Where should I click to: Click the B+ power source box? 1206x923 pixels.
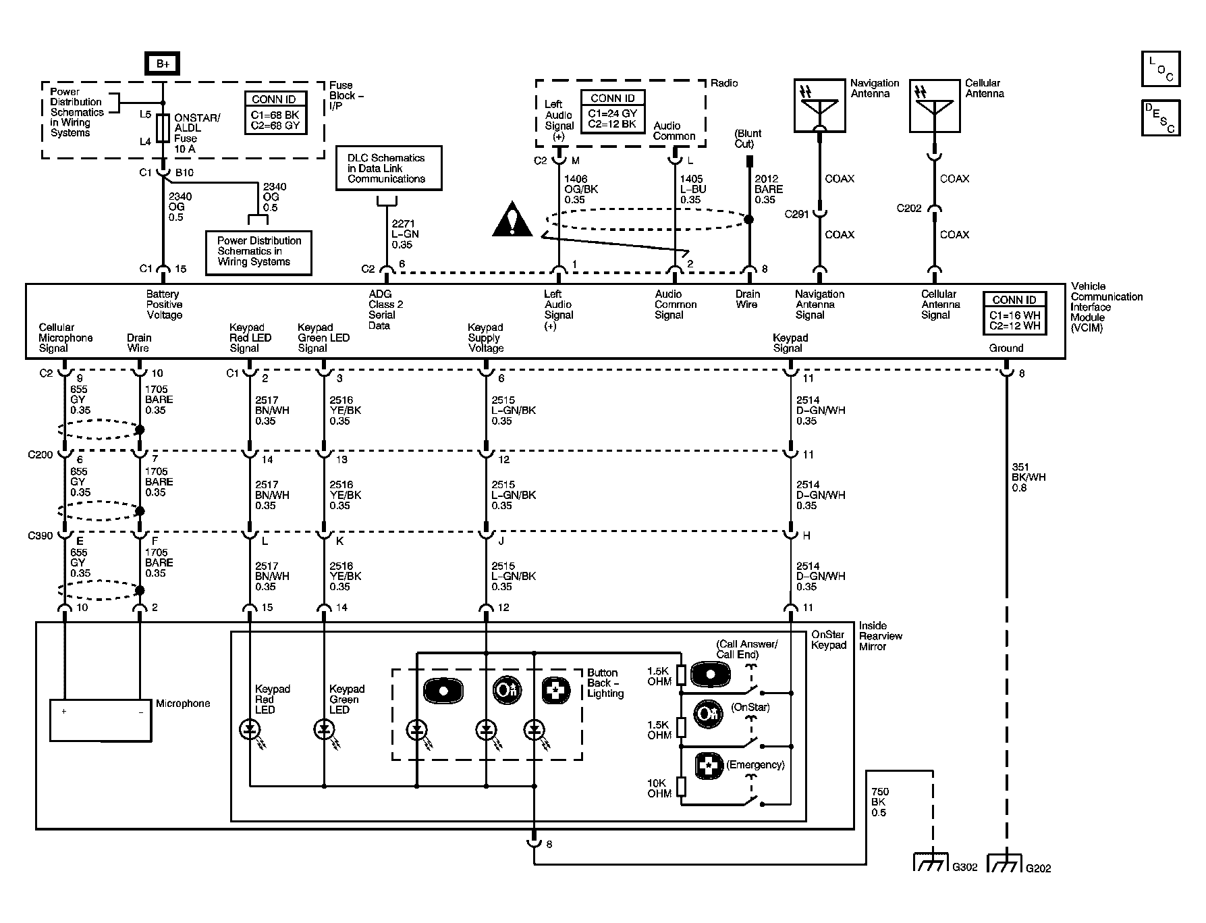(x=163, y=64)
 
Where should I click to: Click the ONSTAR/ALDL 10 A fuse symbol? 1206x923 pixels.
(x=163, y=128)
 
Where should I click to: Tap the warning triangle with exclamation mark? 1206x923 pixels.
(x=514, y=219)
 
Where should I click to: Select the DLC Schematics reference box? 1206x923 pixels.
(x=390, y=168)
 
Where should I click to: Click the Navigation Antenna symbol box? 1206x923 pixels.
(x=819, y=105)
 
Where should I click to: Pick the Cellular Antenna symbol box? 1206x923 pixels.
(x=935, y=105)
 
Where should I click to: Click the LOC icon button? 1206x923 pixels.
(x=1161, y=69)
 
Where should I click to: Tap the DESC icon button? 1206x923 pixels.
(x=1161, y=118)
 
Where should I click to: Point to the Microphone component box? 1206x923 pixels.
(x=101, y=721)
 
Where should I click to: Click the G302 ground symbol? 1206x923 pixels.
(x=931, y=862)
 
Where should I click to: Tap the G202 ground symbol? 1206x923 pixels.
(x=1006, y=862)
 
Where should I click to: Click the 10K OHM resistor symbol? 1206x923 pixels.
(x=681, y=787)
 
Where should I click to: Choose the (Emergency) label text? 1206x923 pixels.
(x=755, y=765)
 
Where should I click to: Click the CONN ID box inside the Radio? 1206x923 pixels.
(x=612, y=112)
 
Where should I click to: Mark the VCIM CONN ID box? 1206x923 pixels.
(x=1014, y=313)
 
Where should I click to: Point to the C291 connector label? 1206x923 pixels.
(x=796, y=214)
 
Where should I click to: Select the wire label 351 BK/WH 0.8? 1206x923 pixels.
(x=1029, y=477)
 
